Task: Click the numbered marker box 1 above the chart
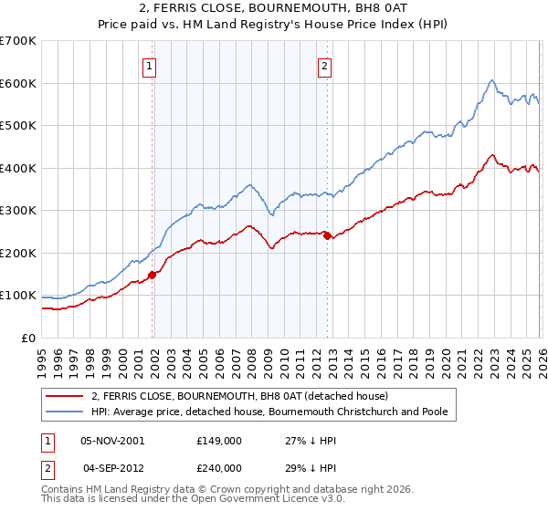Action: (149, 65)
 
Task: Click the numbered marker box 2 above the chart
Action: (325, 65)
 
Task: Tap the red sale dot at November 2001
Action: (153, 274)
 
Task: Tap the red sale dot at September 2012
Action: (328, 236)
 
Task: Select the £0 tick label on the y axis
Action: (29, 339)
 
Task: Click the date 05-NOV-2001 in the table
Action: (112, 440)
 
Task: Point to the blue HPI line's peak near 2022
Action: (491, 80)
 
